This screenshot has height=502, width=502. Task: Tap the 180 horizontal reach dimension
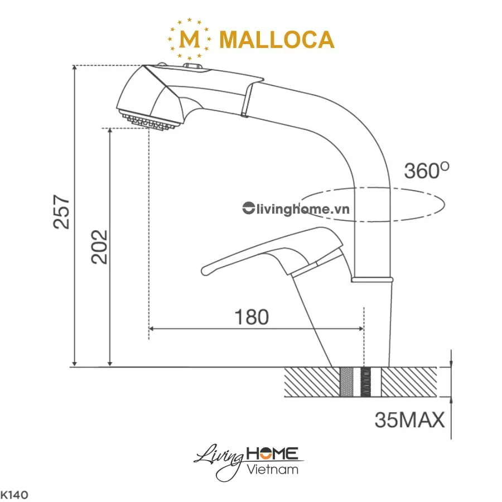251,317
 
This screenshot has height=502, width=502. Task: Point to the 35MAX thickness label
409,419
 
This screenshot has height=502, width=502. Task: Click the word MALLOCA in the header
277,40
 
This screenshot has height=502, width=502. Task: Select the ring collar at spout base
373,277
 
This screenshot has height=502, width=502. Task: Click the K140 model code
14,494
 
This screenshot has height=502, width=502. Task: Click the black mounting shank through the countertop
366,383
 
